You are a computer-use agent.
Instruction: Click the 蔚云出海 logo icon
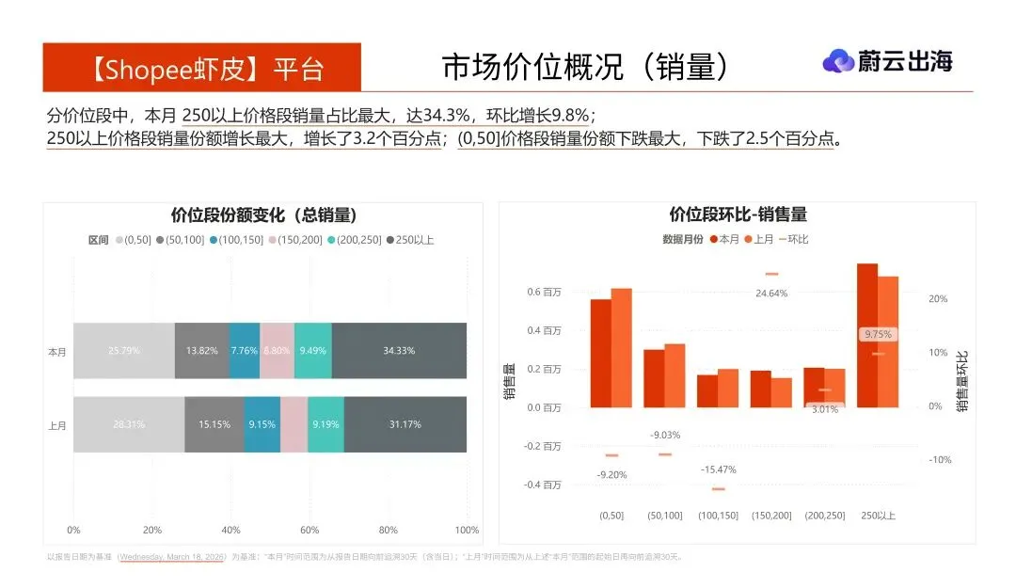(x=838, y=61)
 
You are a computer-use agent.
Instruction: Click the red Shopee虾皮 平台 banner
(x=201, y=68)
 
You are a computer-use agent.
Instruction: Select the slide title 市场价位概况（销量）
(x=585, y=67)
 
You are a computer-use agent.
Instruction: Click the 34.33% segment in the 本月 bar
(x=399, y=351)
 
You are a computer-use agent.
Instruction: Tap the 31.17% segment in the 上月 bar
(x=405, y=424)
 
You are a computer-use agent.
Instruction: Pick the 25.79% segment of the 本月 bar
(x=124, y=351)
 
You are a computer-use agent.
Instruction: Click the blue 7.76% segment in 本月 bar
(x=244, y=351)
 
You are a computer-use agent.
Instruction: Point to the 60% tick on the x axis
(x=310, y=530)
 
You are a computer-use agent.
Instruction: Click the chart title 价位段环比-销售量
(x=738, y=215)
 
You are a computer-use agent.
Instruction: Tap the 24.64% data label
(x=771, y=294)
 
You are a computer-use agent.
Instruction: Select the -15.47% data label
(x=719, y=469)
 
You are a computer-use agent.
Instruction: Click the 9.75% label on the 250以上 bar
(x=878, y=334)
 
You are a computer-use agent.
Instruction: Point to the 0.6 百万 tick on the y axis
(x=544, y=293)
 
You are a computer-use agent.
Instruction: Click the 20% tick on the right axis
(x=937, y=299)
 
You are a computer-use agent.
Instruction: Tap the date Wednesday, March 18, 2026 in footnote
(x=172, y=557)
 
